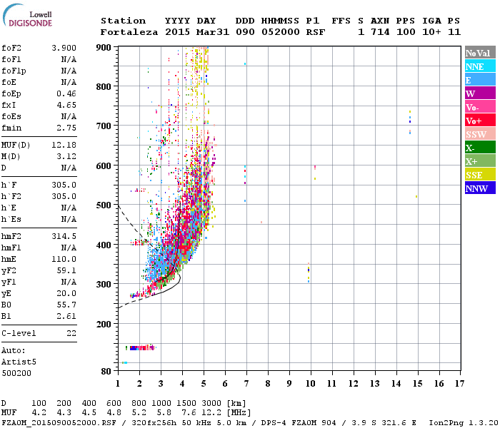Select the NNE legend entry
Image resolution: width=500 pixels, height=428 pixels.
click(x=480, y=66)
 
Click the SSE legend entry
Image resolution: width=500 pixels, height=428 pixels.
click(x=480, y=175)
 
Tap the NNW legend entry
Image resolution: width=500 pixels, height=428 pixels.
click(x=480, y=188)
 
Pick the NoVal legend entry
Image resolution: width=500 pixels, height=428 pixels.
click(x=480, y=53)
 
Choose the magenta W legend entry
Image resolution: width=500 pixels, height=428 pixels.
click(x=480, y=93)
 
